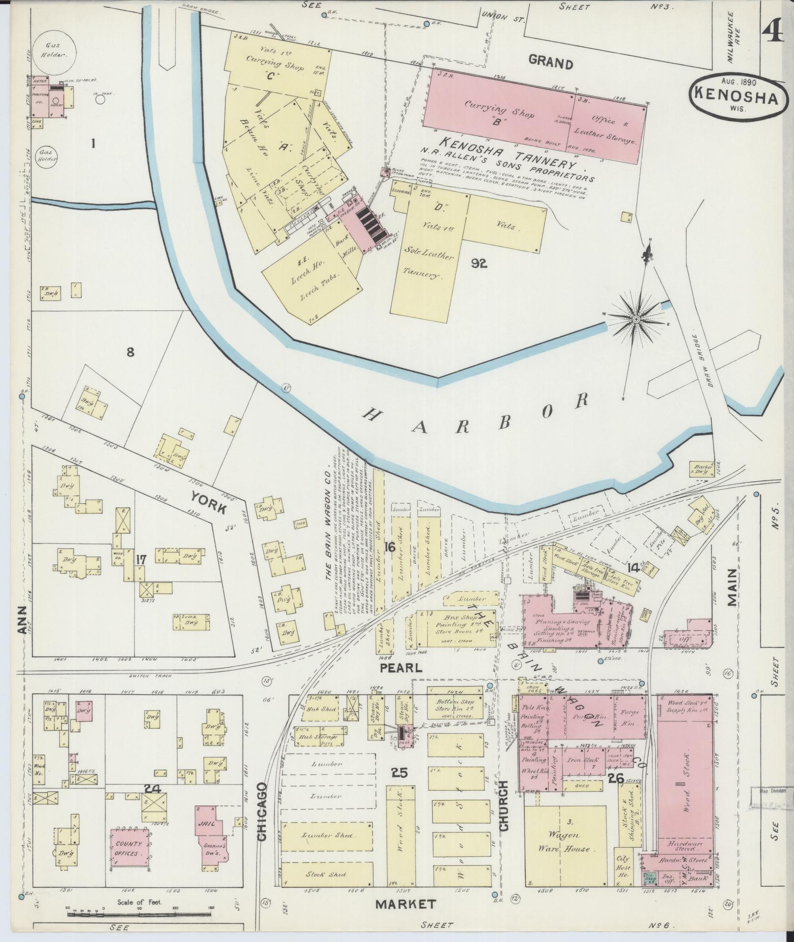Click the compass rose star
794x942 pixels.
coord(635,320)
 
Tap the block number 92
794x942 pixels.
coord(478,264)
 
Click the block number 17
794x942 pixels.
coord(141,560)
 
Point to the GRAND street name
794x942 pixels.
coord(551,64)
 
